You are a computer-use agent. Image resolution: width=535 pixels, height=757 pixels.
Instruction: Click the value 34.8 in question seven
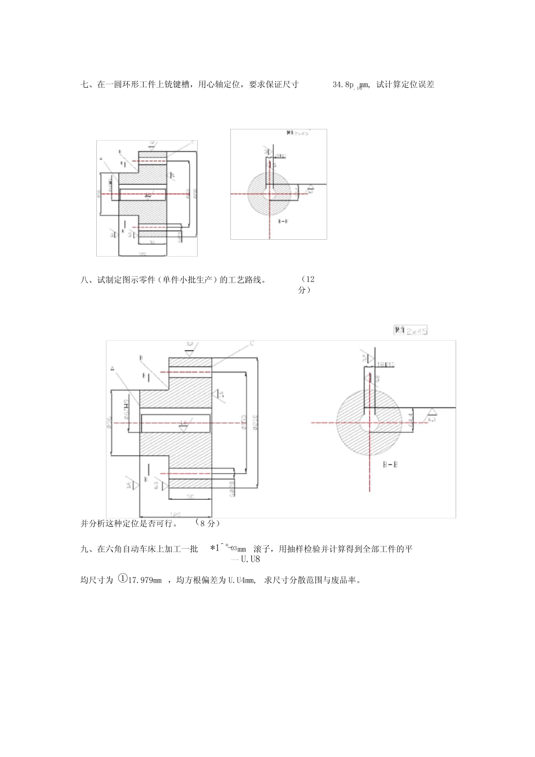pos(340,85)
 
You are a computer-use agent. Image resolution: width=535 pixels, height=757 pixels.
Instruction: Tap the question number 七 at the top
pos(84,85)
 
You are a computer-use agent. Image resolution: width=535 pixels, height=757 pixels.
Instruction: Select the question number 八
pos(84,280)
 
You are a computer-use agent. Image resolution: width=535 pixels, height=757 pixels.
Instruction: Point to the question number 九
pos(84,549)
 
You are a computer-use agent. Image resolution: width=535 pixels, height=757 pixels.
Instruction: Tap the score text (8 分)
pos(206,523)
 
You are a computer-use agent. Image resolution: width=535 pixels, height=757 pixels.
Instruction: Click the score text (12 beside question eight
pos(308,279)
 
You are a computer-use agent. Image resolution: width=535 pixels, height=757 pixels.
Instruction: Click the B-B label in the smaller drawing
pos(284,222)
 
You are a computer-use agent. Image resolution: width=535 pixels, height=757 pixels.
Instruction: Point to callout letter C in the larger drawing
pos(252,343)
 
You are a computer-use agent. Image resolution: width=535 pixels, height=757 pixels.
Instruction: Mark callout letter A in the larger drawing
pos(112,369)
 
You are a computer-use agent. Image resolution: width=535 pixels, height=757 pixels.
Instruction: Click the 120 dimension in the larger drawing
pos(175,514)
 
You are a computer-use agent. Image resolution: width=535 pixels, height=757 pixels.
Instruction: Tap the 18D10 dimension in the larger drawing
pos(385,364)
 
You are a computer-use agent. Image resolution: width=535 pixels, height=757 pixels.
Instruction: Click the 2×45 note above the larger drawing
pos(412,330)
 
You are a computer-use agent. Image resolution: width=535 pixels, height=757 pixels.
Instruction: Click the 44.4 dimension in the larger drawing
pos(411,419)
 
